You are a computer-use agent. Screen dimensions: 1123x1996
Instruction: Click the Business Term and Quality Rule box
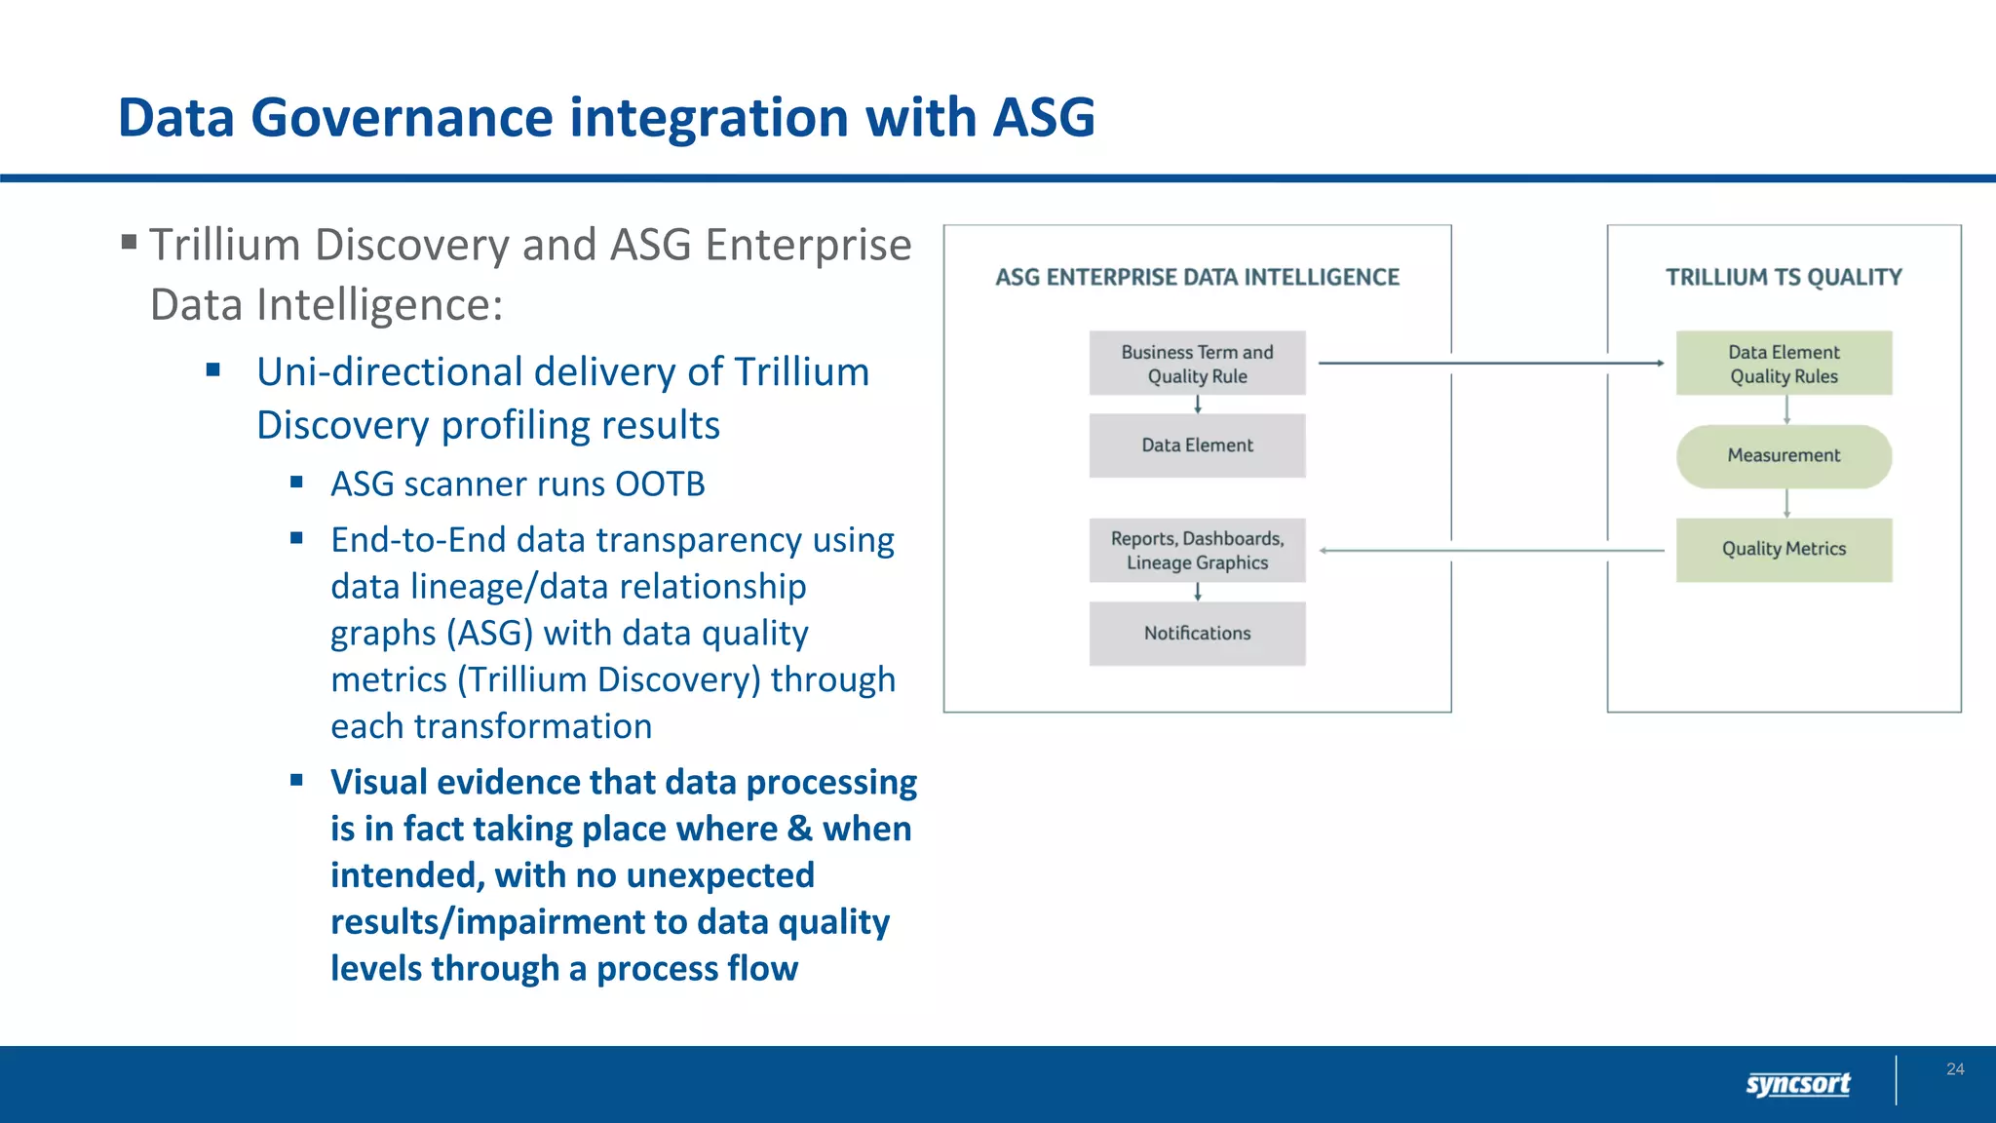point(1197,364)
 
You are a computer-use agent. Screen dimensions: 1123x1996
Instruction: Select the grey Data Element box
point(1197,445)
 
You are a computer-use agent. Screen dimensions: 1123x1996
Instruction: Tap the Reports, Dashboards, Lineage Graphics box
point(1197,551)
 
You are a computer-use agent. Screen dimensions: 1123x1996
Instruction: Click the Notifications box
point(1197,634)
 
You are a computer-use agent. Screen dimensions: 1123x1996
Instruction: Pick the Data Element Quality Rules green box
point(1784,364)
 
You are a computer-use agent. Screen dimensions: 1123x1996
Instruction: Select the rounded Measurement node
point(1784,456)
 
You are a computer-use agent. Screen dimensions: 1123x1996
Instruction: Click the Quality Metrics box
point(1784,550)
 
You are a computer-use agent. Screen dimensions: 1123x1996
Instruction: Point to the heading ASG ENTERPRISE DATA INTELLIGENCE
point(1197,278)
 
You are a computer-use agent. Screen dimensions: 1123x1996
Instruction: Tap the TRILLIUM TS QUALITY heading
point(1784,278)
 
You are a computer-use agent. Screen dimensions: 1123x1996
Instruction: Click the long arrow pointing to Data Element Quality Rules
point(1491,364)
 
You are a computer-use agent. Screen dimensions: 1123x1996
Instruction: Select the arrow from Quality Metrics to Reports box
point(1491,551)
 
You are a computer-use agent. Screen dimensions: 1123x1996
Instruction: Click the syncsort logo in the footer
point(1797,1084)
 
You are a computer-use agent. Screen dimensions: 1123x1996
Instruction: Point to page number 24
point(1955,1069)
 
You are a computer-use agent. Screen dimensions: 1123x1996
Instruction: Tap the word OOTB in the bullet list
point(660,484)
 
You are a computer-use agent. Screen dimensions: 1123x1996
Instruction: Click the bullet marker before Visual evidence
point(297,780)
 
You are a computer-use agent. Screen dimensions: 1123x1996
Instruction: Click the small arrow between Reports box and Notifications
point(1198,592)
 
